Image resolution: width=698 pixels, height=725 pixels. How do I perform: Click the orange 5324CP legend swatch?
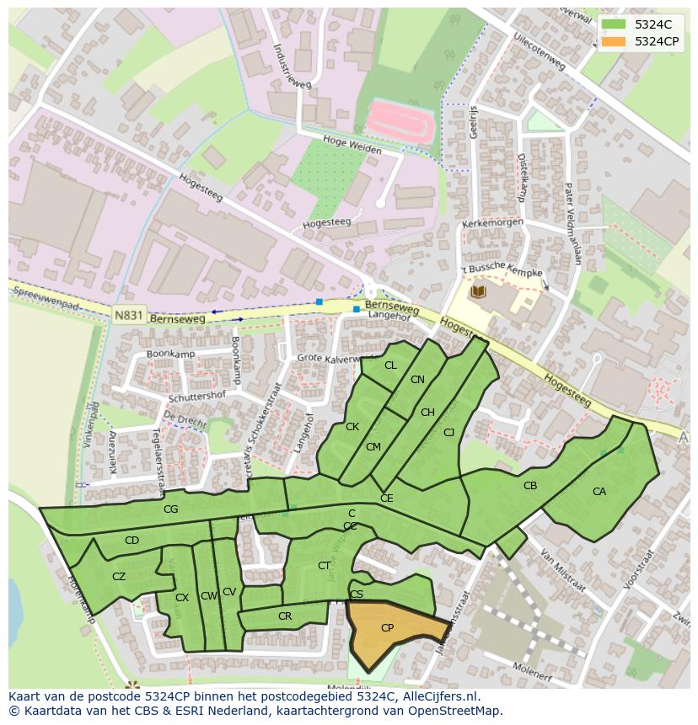click(615, 41)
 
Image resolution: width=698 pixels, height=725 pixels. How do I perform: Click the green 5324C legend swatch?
click(615, 24)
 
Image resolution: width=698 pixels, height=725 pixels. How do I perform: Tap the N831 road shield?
click(128, 314)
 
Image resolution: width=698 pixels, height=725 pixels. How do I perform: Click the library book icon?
click(478, 291)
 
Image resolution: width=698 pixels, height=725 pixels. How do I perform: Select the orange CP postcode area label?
click(387, 628)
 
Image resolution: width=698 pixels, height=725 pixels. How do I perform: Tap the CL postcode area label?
click(390, 365)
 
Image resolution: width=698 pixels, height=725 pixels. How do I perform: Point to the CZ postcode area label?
click(119, 577)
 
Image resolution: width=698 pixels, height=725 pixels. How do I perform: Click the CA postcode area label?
click(599, 492)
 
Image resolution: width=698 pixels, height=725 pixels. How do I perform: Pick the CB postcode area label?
click(530, 486)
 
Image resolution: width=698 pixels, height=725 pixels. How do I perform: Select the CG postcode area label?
click(171, 509)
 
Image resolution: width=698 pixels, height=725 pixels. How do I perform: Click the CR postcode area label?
click(285, 616)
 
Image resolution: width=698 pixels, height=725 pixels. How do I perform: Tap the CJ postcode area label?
click(449, 433)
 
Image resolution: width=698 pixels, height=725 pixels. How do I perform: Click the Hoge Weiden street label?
click(352, 145)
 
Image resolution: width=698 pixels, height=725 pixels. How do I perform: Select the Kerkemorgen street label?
click(493, 224)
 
